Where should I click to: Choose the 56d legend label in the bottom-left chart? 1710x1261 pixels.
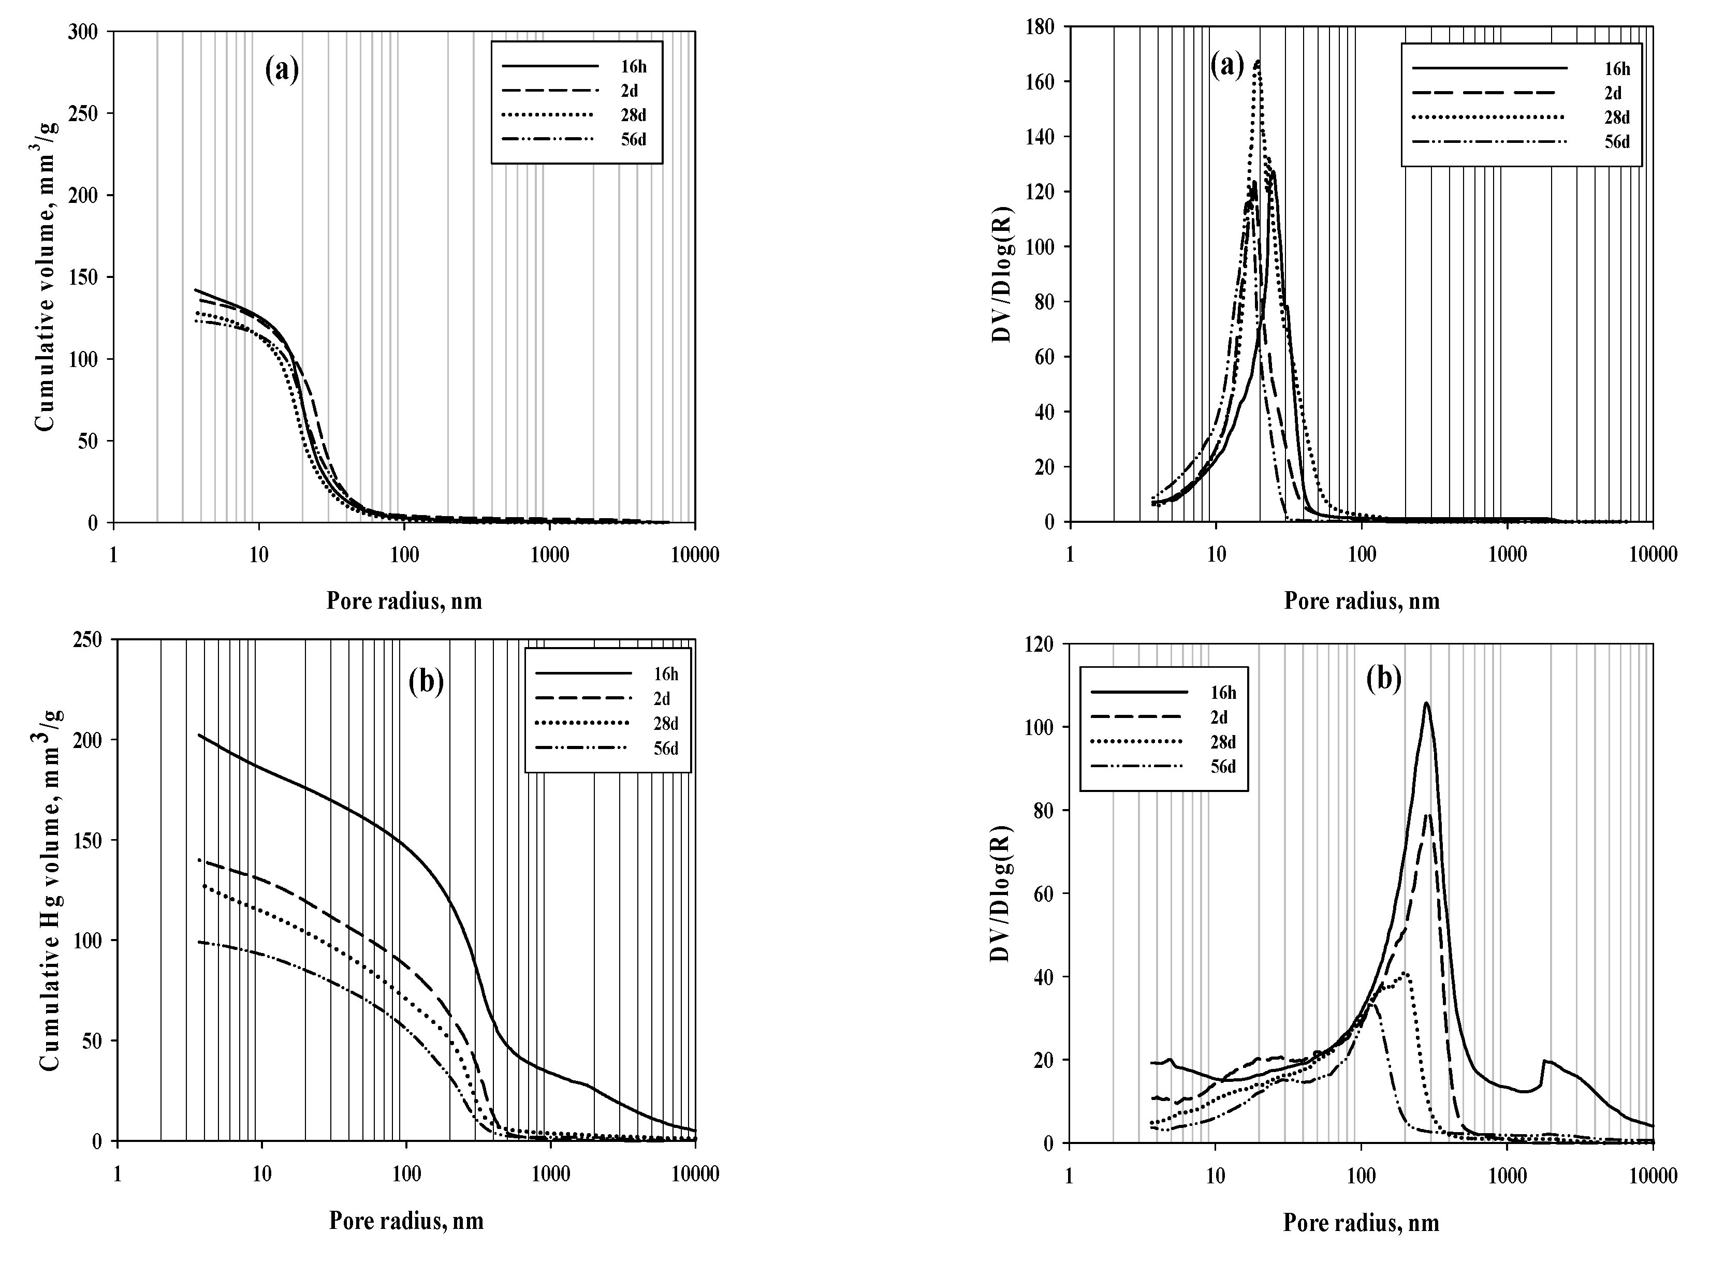(665, 748)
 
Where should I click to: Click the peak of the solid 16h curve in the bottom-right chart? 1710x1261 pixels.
(1426, 703)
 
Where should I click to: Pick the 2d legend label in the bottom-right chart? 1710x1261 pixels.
(1218, 717)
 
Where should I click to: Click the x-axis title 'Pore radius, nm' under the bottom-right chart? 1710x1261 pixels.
(1361, 1223)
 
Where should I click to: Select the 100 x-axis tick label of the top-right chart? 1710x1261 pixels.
(1361, 554)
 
